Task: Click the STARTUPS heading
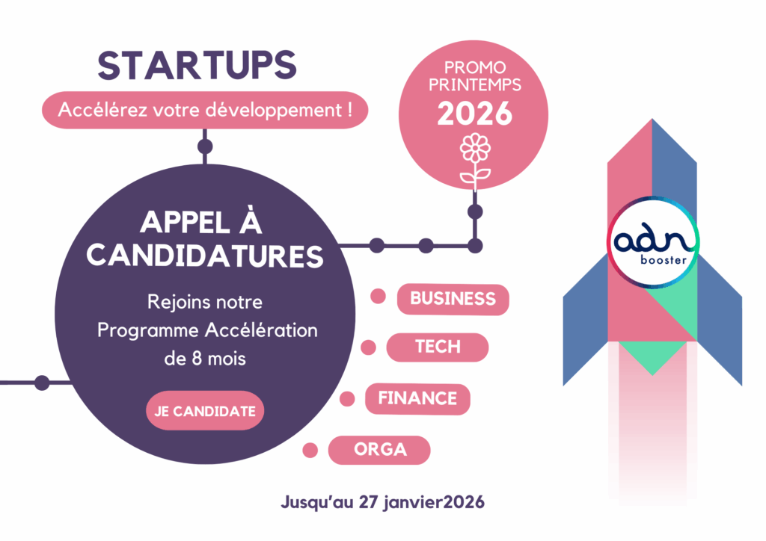197,65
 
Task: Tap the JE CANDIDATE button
205,411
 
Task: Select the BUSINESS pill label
453,299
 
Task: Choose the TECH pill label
438,347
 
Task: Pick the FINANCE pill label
417,398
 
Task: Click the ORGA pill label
379,449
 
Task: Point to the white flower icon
475,161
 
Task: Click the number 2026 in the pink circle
474,114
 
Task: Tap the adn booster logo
652,242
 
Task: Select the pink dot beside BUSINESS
378,296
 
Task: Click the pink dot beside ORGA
310,450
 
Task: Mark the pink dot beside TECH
368,347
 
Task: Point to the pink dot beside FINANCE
347,398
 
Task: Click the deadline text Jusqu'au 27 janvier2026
382,502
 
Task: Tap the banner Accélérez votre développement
205,110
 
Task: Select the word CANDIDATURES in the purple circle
205,256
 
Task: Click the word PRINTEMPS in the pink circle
475,85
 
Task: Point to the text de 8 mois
205,359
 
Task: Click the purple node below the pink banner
205,146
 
